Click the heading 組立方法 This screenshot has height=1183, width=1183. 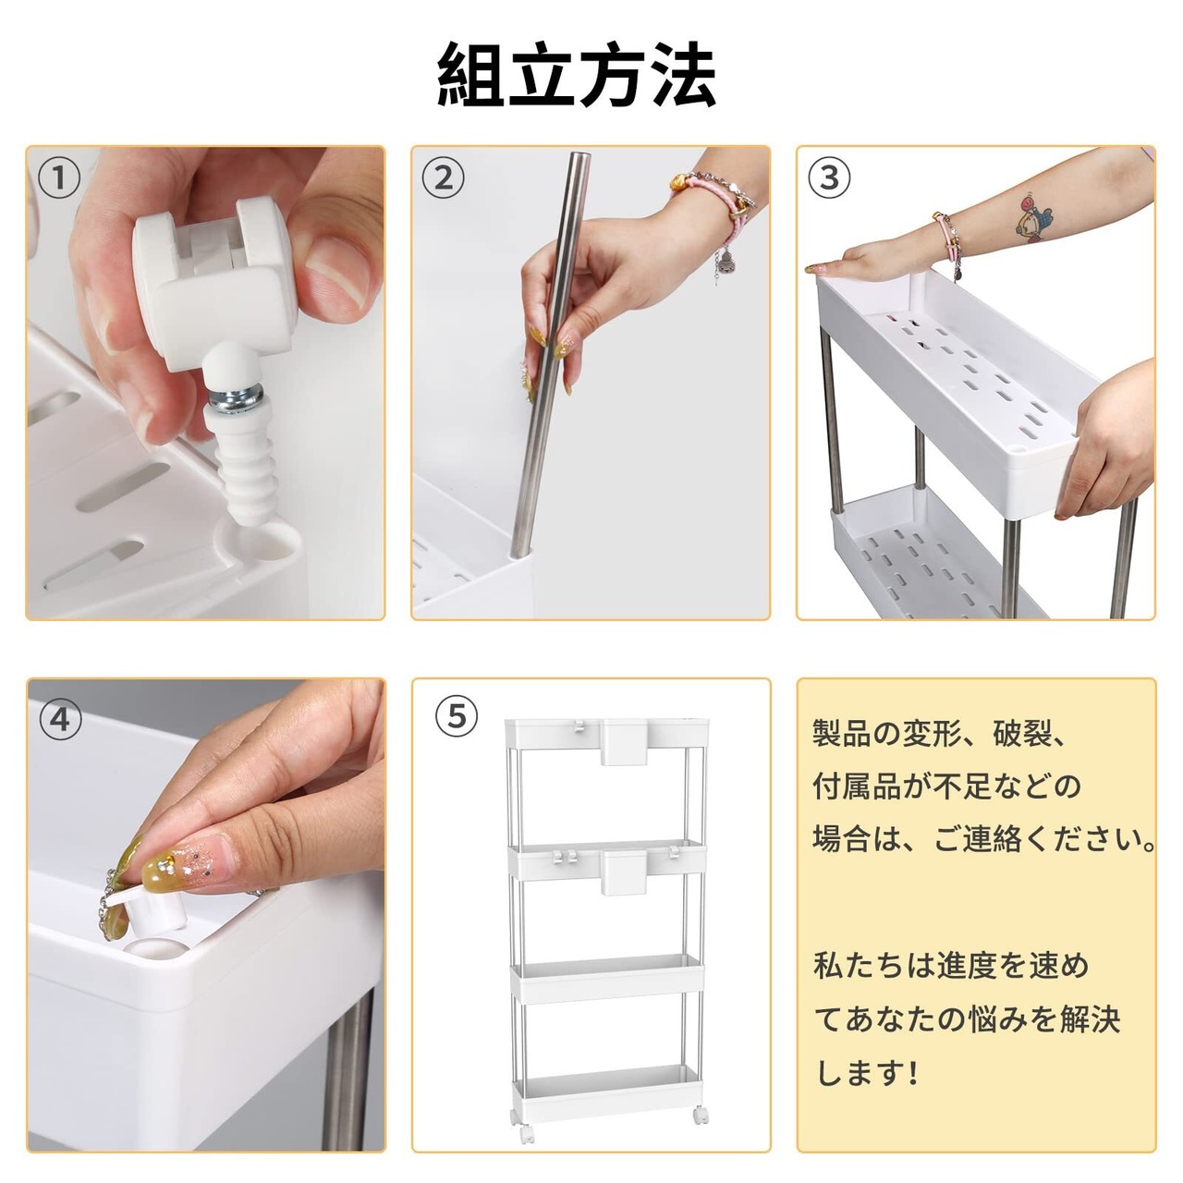pyautogui.click(x=577, y=76)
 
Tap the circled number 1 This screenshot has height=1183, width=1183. pyautogui.click(x=59, y=178)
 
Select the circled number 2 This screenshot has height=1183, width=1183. pyautogui.click(x=444, y=178)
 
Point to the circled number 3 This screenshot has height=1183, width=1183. pyautogui.click(x=829, y=178)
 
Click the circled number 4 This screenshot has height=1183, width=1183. pyautogui.click(x=59, y=719)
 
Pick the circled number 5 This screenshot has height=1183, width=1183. pyautogui.click(x=457, y=716)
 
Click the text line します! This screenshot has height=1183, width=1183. pyautogui.click(x=868, y=1073)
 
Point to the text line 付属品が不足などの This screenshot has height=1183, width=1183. pyautogui.click(x=946, y=787)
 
